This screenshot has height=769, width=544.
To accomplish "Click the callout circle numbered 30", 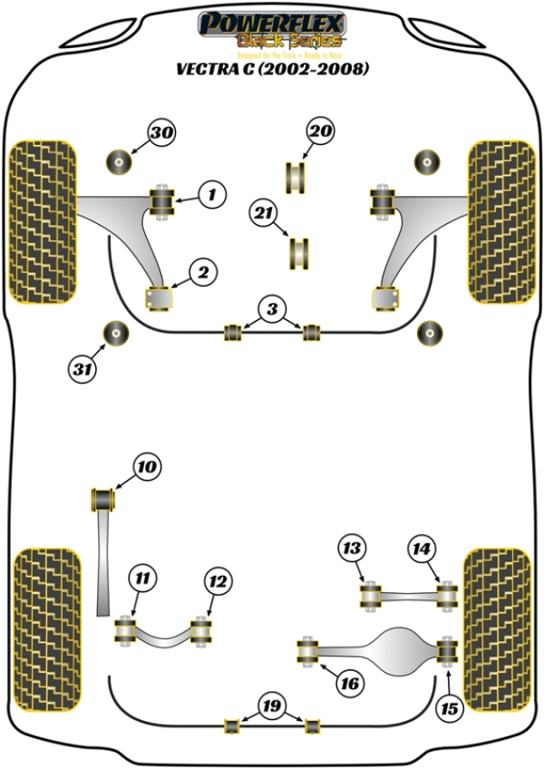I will (x=162, y=133).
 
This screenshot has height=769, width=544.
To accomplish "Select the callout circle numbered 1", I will (x=210, y=193).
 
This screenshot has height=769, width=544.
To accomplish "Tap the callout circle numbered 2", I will (x=201, y=270).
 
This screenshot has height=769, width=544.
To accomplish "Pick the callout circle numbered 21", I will (x=263, y=214).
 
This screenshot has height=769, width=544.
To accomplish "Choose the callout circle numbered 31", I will (x=83, y=368).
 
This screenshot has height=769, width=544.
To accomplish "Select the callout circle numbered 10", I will (x=147, y=468).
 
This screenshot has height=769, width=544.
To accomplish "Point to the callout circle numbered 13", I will (x=351, y=548).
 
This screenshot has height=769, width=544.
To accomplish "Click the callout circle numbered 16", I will (x=348, y=683).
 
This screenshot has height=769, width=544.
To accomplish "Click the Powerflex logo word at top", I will (x=271, y=20).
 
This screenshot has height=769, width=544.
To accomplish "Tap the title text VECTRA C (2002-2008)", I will (x=272, y=68).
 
